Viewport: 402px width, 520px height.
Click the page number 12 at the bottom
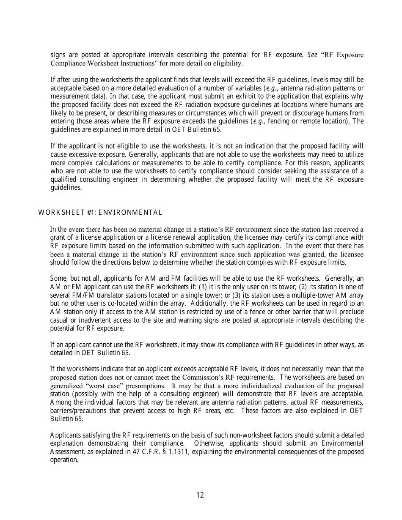(x=200, y=495)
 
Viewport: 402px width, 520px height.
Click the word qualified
(x=63, y=179)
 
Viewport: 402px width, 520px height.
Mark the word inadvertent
(x=91, y=320)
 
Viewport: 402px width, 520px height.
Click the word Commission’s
(x=223, y=377)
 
